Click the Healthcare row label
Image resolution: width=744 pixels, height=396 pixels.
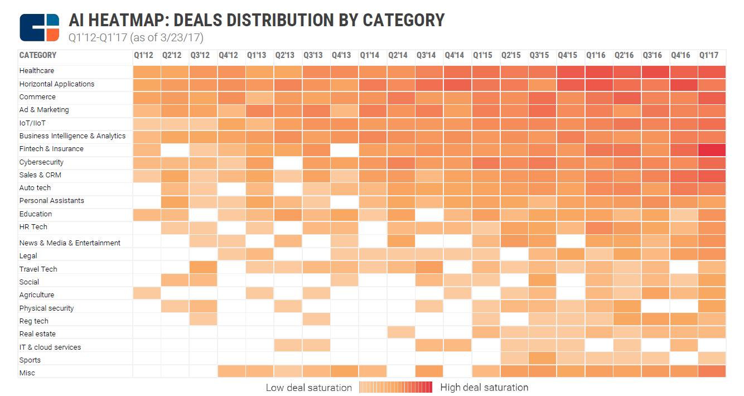tap(36, 71)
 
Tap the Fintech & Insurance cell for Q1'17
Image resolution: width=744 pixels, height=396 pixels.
tap(712, 149)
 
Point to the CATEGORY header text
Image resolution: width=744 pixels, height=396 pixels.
tap(38, 55)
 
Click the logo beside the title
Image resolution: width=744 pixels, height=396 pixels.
tap(39, 27)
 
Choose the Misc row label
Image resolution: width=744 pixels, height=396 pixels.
tap(27, 373)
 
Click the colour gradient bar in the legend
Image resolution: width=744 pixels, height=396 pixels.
tap(396, 387)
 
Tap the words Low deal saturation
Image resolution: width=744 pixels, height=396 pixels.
tap(308, 387)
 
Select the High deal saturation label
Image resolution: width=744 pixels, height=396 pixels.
tap(484, 387)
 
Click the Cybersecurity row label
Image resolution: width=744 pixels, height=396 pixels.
tap(41, 162)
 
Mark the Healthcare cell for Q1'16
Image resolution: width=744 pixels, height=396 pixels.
tap(598, 72)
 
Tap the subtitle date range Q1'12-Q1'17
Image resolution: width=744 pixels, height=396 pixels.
tap(98, 38)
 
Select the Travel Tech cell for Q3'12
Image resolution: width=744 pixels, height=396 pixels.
tap(203, 268)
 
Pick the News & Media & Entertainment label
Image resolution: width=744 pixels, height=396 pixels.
tap(70, 243)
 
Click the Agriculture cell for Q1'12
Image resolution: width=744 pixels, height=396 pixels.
tap(146, 293)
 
